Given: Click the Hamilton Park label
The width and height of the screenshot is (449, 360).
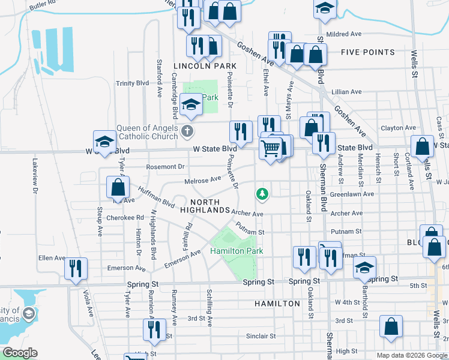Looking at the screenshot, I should (237, 251).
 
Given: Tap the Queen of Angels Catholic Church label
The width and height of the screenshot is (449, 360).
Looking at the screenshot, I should (147, 132).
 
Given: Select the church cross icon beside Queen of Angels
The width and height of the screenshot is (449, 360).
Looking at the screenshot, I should (187, 131).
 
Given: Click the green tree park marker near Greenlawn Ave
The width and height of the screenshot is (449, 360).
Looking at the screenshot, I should (262, 194).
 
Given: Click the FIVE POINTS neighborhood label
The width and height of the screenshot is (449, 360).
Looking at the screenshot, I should (367, 52).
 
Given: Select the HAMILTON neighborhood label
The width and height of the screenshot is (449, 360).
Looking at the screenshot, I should (277, 304).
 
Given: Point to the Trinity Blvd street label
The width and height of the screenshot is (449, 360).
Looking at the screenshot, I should (132, 83).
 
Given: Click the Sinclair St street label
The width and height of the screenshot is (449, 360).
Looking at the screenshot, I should (261, 337).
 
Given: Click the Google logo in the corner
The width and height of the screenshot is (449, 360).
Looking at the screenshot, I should (20, 353).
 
